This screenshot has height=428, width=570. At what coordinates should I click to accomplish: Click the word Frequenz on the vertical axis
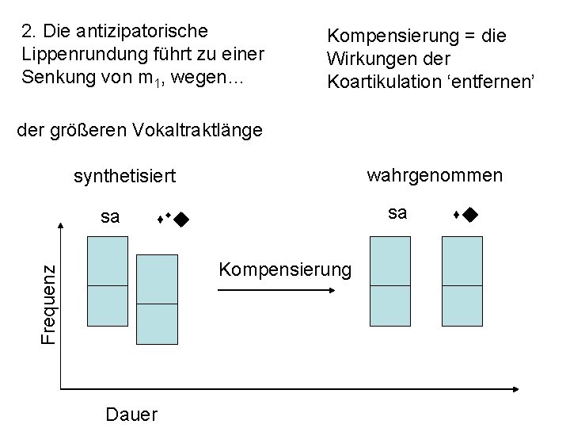coord(47,293)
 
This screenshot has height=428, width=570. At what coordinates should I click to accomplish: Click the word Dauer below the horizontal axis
coord(131,415)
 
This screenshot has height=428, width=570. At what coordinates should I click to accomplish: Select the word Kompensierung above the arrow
coord(283,270)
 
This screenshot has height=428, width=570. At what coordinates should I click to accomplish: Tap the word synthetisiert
coord(124,175)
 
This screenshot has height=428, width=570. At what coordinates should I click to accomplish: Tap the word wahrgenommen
coord(434,174)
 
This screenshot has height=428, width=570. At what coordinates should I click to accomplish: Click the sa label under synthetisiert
coord(111,215)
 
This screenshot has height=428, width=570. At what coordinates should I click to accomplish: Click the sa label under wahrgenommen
coord(398,212)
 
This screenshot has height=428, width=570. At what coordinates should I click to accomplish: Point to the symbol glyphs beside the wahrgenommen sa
coord(465,214)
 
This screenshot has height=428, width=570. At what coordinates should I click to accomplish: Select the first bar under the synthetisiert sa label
coord(107,281)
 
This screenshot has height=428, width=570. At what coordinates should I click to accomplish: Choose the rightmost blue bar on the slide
coord(462,281)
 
